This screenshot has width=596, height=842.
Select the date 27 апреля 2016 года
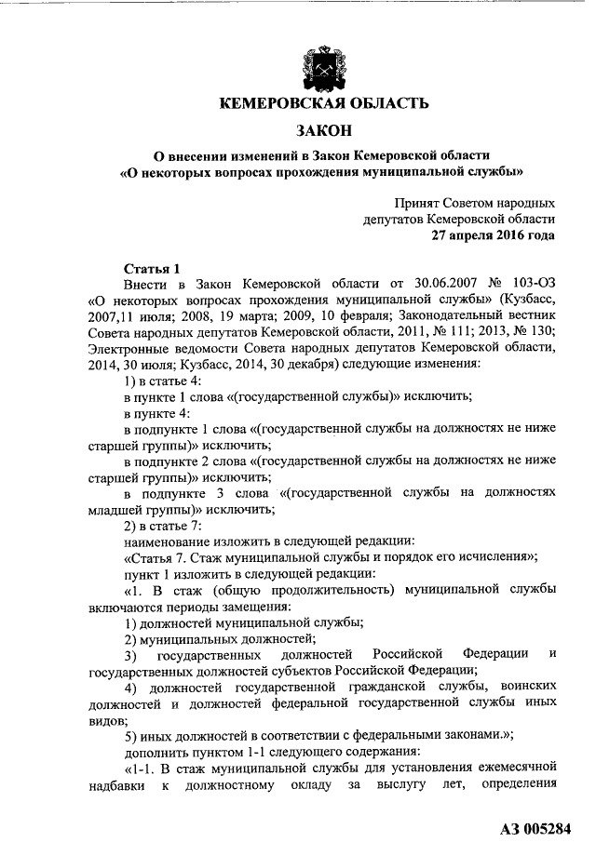coord(493,235)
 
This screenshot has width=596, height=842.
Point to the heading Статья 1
coord(151,269)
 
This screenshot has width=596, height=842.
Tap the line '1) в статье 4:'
coord(171,382)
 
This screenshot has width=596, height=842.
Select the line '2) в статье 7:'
coord(171,525)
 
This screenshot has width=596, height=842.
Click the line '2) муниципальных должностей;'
coord(220,638)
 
